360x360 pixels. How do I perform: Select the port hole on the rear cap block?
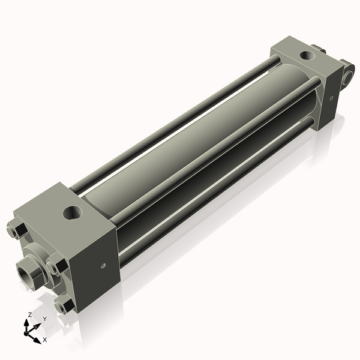pyautogui.click(x=307, y=56)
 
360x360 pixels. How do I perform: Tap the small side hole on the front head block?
pyautogui.click(x=103, y=265)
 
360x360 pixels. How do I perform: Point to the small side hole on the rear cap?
pyautogui.click(x=330, y=97)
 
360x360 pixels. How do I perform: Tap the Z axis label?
pyautogui.click(x=30, y=314)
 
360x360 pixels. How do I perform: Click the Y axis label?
pyautogui.click(x=44, y=319)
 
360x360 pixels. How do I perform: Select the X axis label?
pyautogui.click(x=44, y=340)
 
